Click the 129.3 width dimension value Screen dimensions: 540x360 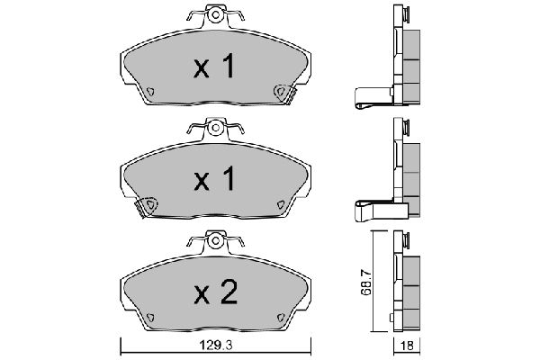(216, 346)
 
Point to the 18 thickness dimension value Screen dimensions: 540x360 (407, 346)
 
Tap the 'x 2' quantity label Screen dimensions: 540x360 (216, 292)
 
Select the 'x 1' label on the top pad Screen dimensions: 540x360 (214, 66)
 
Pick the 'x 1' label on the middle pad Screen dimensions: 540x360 (214, 178)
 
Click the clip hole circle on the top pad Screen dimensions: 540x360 (216, 14)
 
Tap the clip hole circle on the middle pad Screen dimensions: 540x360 (216, 128)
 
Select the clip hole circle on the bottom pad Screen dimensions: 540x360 (216, 240)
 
